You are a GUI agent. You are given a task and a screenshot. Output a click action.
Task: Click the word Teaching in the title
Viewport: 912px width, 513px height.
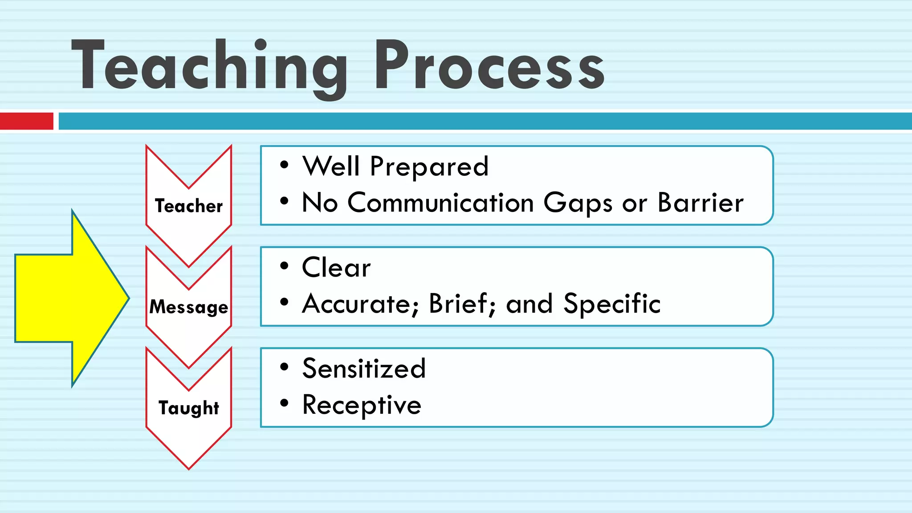pyautogui.click(x=209, y=67)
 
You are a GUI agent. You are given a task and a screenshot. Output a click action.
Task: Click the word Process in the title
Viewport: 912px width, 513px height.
pyautogui.click(x=489, y=67)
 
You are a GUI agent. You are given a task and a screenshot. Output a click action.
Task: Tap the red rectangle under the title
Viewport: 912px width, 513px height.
pyautogui.click(x=26, y=121)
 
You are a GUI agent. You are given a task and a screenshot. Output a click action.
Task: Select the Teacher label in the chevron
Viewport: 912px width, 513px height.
pyautogui.click(x=189, y=206)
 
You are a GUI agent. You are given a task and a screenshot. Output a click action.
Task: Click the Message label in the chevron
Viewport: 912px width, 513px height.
pyautogui.click(x=189, y=307)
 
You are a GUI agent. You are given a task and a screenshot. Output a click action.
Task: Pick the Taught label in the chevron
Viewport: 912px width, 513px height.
pyautogui.click(x=189, y=408)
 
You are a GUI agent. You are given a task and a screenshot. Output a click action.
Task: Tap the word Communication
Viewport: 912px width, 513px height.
pyautogui.click(x=440, y=203)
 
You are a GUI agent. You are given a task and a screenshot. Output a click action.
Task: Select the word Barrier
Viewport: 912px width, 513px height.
pyautogui.click(x=700, y=203)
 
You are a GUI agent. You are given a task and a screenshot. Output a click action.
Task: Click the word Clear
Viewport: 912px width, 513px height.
pyautogui.click(x=336, y=268)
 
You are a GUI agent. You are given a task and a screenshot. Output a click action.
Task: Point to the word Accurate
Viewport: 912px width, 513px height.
pyautogui.click(x=360, y=304)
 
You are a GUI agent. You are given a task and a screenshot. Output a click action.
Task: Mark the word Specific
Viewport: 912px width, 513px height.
pyautogui.click(x=612, y=304)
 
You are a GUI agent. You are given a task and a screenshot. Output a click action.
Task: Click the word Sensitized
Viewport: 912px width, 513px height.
pyautogui.click(x=364, y=369)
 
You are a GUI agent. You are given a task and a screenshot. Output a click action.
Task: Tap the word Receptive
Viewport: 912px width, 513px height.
pyautogui.click(x=362, y=405)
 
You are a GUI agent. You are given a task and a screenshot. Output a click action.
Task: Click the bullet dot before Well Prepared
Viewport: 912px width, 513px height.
pyautogui.click(x=284, y=165)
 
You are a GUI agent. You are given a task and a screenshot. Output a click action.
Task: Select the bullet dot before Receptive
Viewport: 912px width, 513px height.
pyautogui.click(x=284, y=403)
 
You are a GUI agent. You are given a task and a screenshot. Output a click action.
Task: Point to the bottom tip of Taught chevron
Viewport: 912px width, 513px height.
pyautogui.click(x=189, y=468)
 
